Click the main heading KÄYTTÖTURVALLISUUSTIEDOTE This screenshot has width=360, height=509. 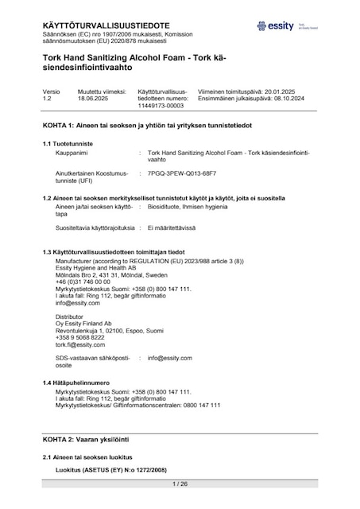point(97,25)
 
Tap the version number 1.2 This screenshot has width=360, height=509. point(47,99)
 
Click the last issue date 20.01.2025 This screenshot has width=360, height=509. point(287,91)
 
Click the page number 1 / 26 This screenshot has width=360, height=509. point(180,484)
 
